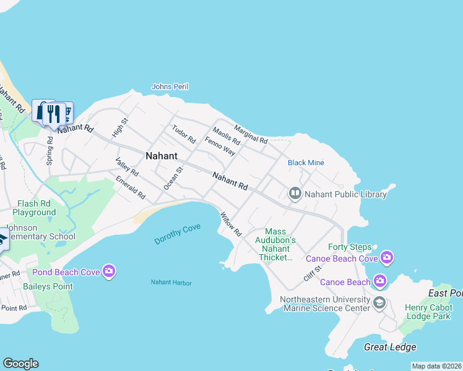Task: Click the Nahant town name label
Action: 162,156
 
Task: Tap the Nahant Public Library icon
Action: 295,194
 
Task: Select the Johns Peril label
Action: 170,87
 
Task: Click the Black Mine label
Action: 306,163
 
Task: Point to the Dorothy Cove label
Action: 178,234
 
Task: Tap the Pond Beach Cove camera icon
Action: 110,271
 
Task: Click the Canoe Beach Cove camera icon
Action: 387,257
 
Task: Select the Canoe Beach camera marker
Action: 381,282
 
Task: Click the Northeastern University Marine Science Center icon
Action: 379,303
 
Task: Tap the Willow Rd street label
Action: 230,224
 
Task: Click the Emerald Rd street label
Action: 131,188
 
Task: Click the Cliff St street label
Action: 313,273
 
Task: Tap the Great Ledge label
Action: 390,347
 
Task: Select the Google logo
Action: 20,364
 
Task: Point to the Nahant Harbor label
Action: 171,283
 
